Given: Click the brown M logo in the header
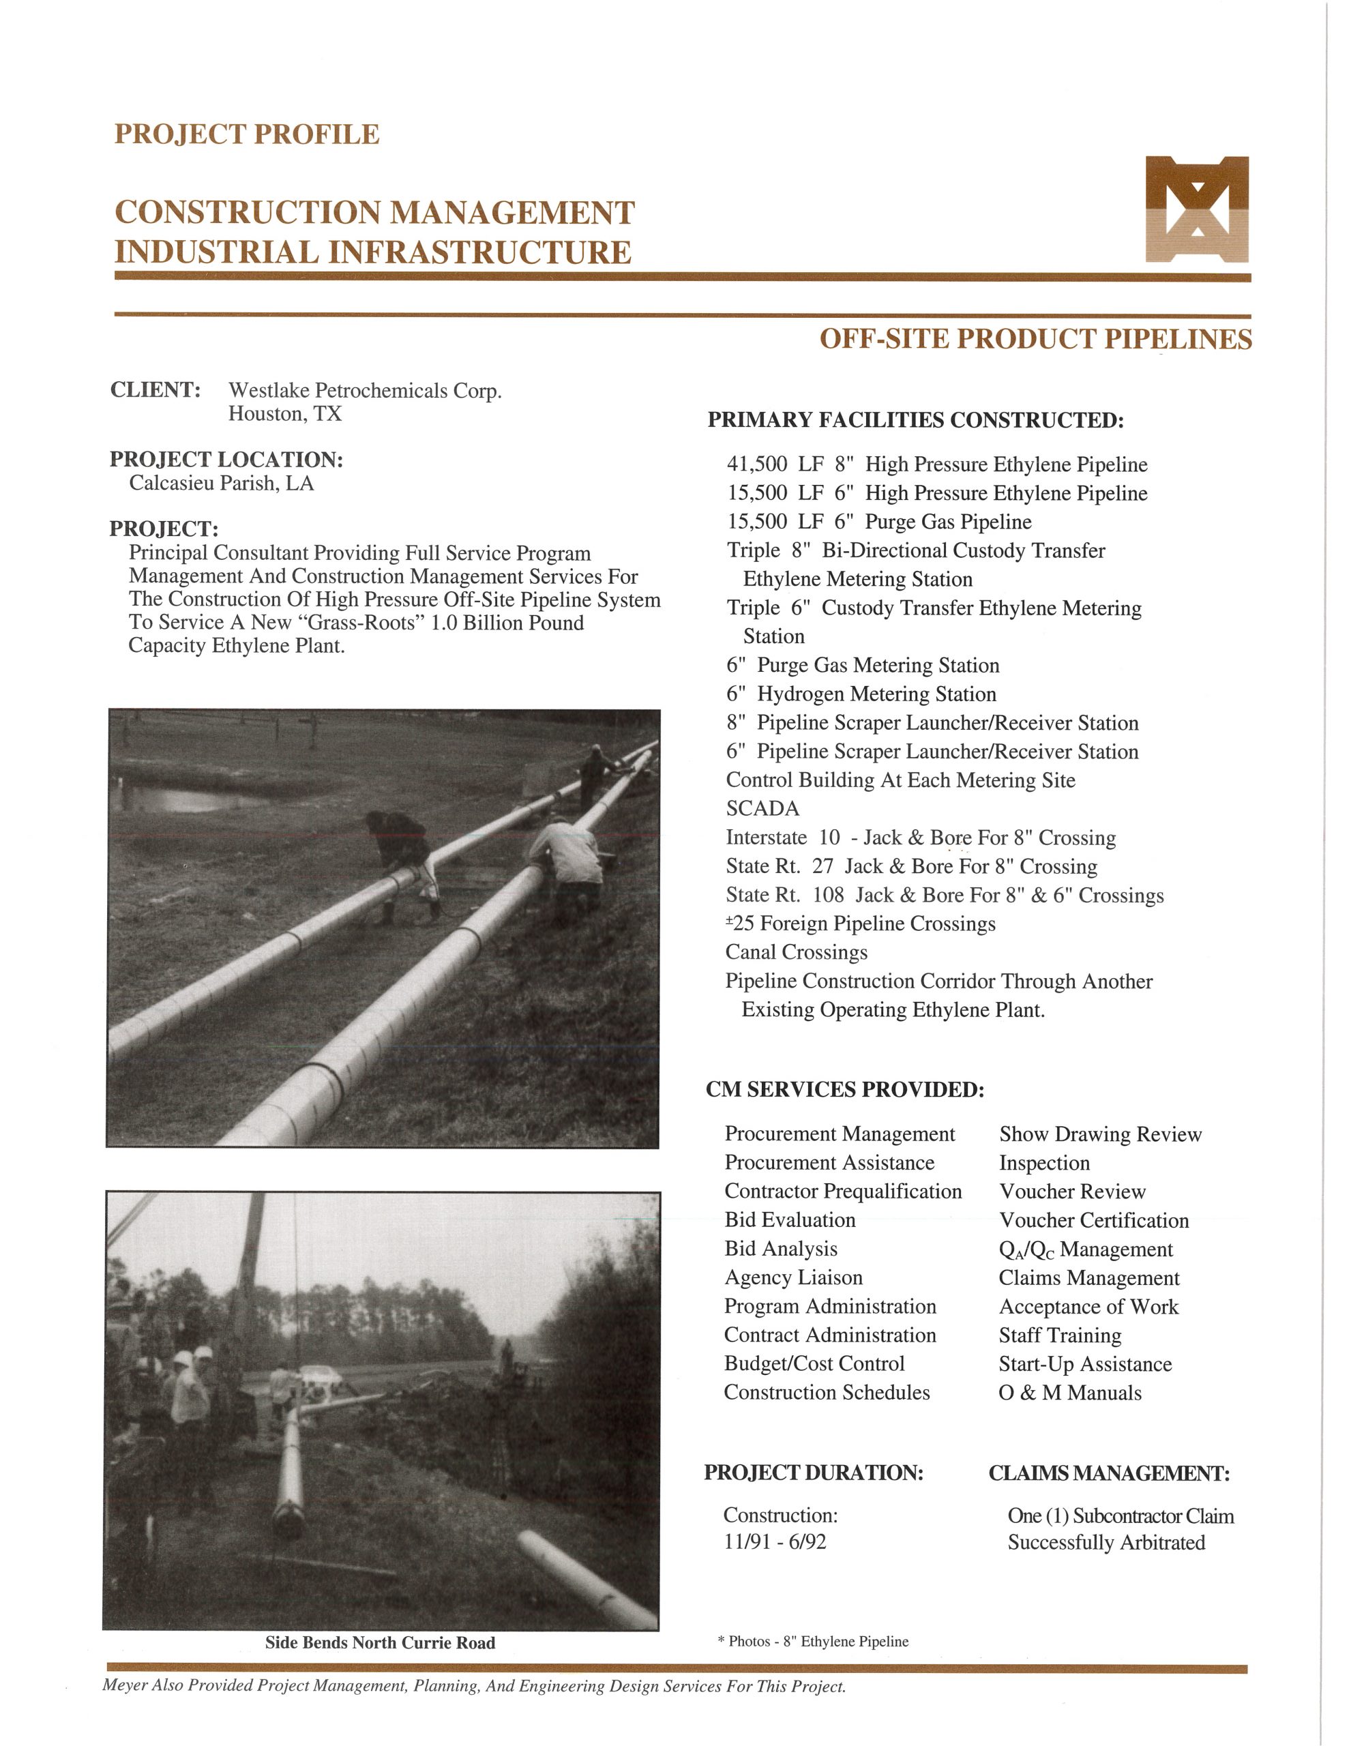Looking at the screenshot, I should coord(1196,209).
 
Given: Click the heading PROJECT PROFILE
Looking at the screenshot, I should coord(246,134).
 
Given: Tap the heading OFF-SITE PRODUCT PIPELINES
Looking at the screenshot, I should coord(1035,339).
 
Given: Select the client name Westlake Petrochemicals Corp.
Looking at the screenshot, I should coord(365,391).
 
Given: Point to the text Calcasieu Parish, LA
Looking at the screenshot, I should coord(222,484).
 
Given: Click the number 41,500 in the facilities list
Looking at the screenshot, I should coord(756,464).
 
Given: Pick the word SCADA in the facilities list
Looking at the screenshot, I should coord(762,809).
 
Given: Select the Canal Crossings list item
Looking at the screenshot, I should coord(797,952).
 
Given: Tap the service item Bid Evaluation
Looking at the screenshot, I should coord(790,1220).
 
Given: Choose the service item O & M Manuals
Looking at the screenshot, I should coord(1070,1393).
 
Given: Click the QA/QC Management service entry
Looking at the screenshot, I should coord(1086,1249).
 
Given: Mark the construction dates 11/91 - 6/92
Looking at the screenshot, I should coord(775,1542).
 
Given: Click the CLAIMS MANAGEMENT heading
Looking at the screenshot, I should coord(1109,1473).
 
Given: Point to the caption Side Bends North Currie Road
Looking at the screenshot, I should coord(380,1643).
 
